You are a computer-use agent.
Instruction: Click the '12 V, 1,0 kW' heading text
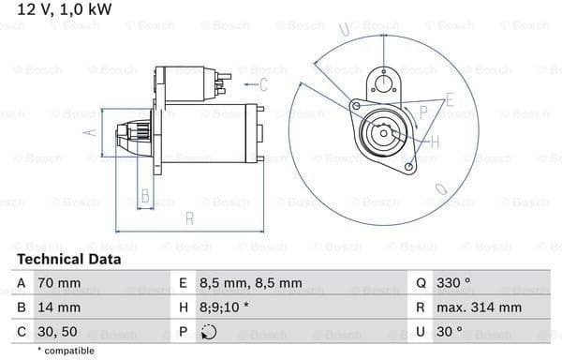pyautogui.click(x=65, y=9)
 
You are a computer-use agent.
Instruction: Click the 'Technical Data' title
pyautogui.click(x=69, y=260)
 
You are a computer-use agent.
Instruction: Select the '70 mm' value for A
pyautogui.click(x=59, y=283)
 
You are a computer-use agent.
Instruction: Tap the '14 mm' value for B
pyautogui.click(x=59, y=307)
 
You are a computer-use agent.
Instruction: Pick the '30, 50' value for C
pyautogui.click(x=57, y=332)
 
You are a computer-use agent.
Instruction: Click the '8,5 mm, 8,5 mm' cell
pyautogui.click(x=251, y=283)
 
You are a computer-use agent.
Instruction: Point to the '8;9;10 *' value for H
pyautogui.click(x=224, y=307)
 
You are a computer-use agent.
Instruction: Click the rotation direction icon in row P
pyautogui.click(x=209, y=332)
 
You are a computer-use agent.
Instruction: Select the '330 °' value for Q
pyautogui.click(x=453, y=283)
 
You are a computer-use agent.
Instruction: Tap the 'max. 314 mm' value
pyautogui.click(x=479, y=307)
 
